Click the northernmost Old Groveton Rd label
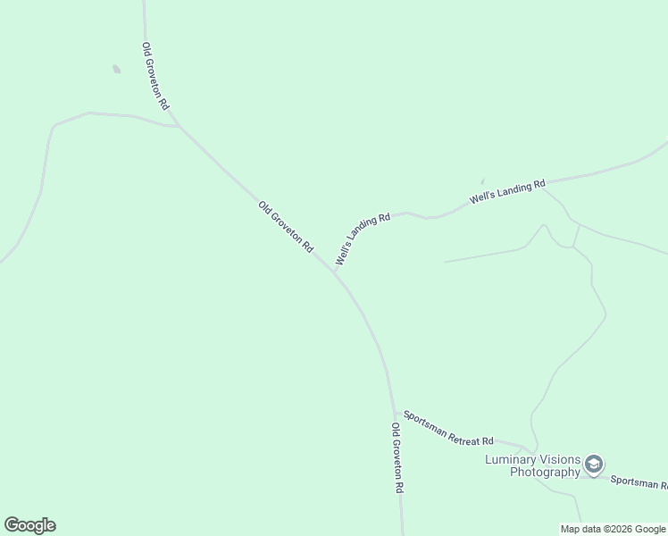pos(154,76)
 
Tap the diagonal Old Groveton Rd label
pos(286,226)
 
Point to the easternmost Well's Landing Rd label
pos(508,191)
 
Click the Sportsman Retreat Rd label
pos(448,429)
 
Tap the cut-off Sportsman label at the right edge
pos(639,482)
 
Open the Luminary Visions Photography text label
pos(532,465)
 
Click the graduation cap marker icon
pos(594,465)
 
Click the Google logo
pos(29,525)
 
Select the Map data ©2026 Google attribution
pos(614,529)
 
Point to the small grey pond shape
pos(116,69)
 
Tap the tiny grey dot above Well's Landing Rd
pos(482,180)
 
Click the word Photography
pos(545,472)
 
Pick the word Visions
pos(561,459)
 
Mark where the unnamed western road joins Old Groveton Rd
pos(180,127)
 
